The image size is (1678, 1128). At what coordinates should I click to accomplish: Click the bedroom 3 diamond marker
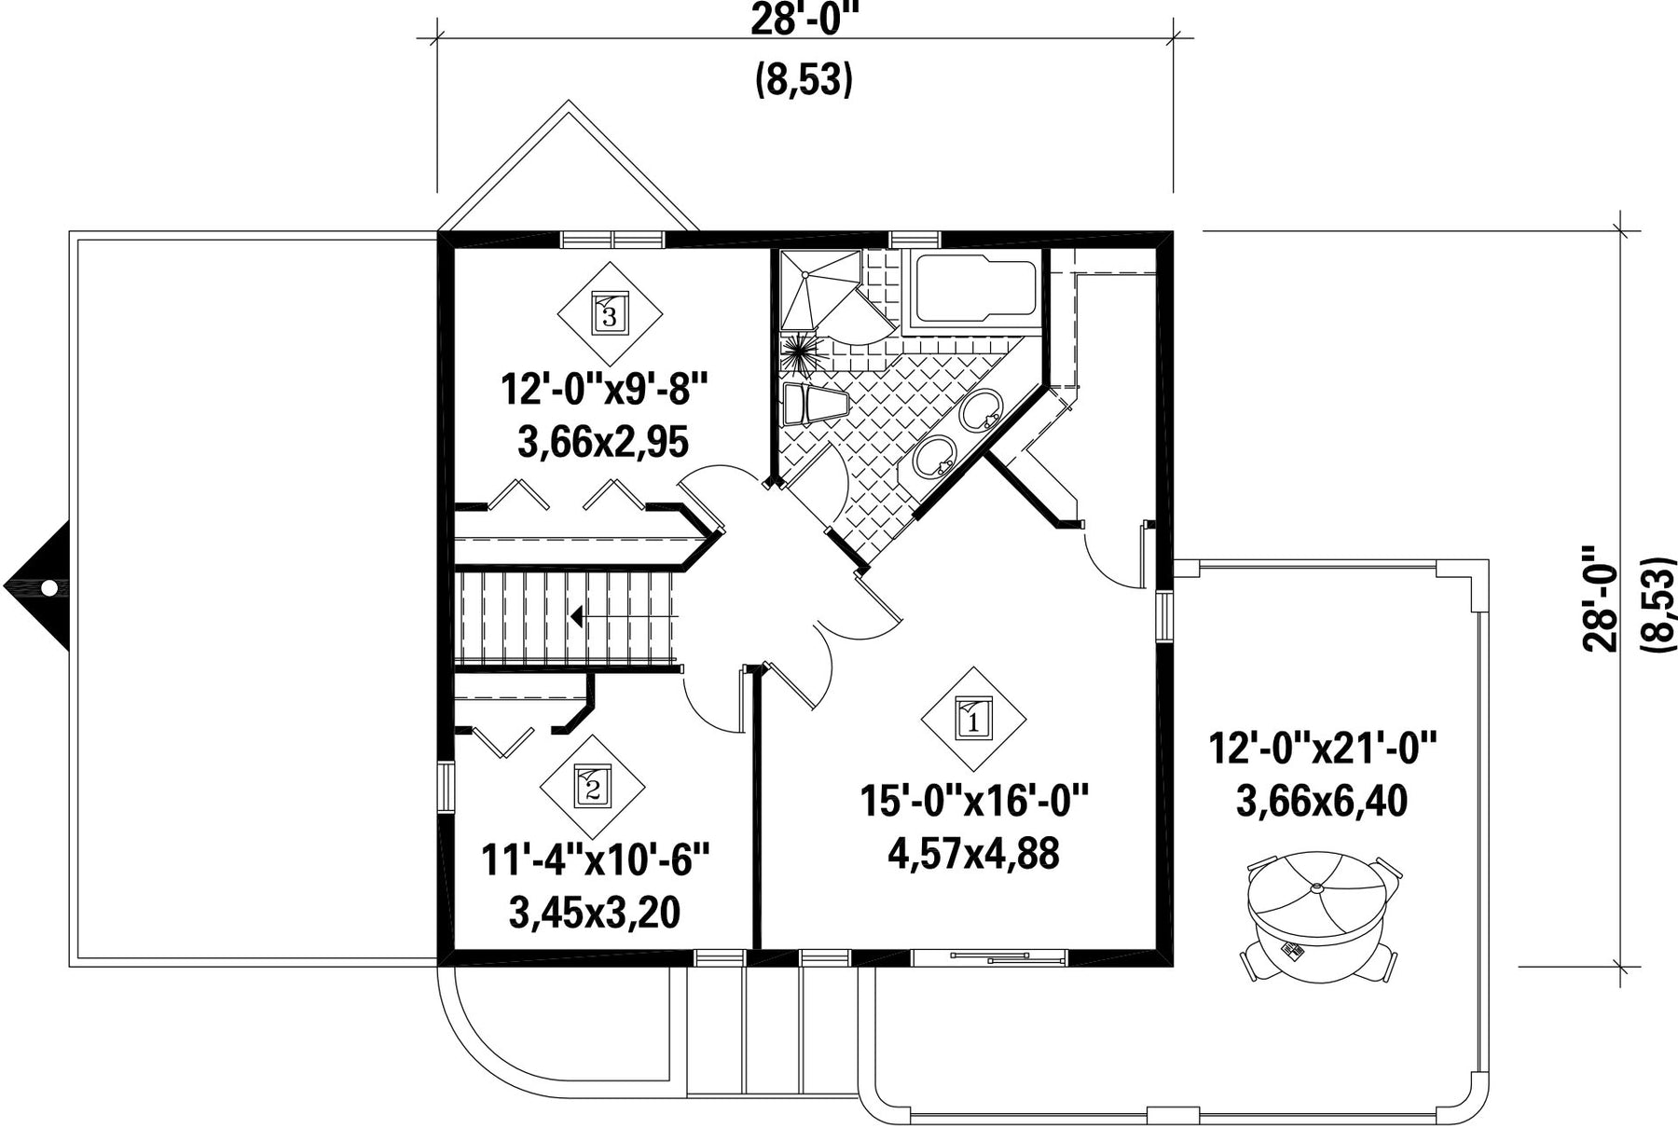610,313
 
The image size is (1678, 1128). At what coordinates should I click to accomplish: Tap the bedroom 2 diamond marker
593,787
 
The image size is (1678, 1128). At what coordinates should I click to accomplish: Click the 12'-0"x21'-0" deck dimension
1323,749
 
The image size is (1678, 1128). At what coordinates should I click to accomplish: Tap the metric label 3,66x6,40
1322,801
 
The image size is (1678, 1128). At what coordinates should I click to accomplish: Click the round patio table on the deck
1322,918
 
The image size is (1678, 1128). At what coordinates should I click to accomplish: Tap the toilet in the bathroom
813,405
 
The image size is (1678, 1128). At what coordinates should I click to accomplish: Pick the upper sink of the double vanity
980,411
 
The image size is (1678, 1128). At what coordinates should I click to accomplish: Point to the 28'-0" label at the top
804,19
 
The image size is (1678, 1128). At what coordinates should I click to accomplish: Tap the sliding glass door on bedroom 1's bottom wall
988,956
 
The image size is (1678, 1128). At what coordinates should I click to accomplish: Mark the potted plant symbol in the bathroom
800,352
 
